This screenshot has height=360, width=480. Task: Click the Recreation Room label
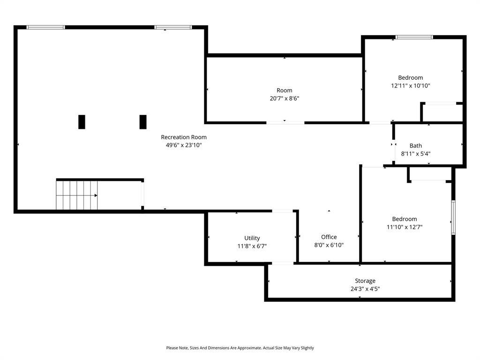(183, 137)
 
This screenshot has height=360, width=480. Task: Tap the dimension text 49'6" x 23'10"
(183, 145)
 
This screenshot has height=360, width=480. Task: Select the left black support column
(82, 122)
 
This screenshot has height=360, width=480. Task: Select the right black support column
(143, 122)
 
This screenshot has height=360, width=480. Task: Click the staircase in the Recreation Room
(77, 195)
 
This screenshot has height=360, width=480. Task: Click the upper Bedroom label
(410, 78)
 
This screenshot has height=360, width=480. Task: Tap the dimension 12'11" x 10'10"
(410, 86)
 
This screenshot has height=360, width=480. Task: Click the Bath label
(415, 146)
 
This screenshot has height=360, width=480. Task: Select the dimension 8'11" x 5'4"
(415, 154)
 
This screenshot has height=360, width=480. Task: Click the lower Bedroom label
(404, 219)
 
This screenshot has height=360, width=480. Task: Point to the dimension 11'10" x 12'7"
(404, 227)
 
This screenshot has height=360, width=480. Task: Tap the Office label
(329, 237)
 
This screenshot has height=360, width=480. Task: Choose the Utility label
(252, 238)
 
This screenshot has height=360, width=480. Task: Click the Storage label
(365, 281)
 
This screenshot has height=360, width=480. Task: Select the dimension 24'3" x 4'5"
(365, 289)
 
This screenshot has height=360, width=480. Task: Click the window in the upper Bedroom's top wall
(414, 37)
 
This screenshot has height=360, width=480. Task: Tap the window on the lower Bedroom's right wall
(453, 217)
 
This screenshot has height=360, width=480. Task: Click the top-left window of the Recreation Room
(45, 27)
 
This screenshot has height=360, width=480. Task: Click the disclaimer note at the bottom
(240, 348)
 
